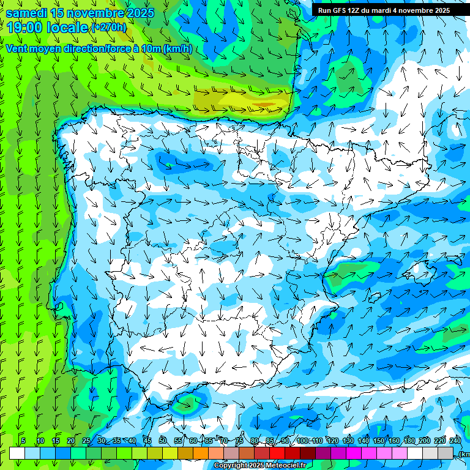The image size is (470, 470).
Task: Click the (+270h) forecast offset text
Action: (x=108, y=28)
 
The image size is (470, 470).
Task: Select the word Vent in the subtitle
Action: (x=18, y=49)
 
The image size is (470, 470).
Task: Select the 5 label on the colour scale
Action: (x=23, y=441)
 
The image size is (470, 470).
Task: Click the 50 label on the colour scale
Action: (x=162, y=441)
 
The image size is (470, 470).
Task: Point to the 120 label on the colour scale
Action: (x=333, y=441)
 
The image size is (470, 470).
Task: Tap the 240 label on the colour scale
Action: (x=455, y=441)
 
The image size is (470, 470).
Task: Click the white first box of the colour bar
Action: (x=17, y=453)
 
